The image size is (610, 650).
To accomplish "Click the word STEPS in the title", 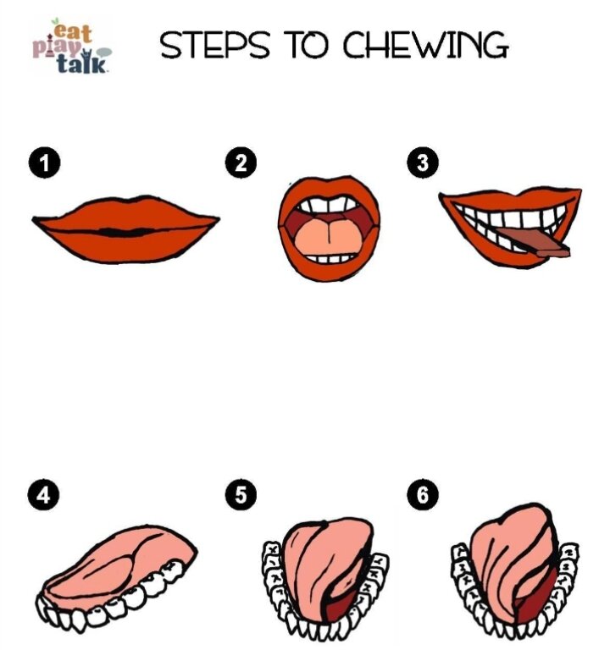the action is [x=214, y=45].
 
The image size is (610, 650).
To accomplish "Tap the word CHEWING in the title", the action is [x=425, y=45].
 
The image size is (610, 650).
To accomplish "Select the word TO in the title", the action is [x=306, y=45].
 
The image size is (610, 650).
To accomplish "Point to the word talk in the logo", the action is [x=81, y=63].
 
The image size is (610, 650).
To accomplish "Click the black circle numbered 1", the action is [x=44, y=162].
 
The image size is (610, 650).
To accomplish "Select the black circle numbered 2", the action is [x=241, y=162].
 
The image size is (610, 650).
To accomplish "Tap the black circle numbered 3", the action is [x=423, y=162].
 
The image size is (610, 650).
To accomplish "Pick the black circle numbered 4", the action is [x=43, y=495].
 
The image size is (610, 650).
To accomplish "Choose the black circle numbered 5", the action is [x=241, y=495].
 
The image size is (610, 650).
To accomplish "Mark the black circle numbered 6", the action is [x=423, y=495].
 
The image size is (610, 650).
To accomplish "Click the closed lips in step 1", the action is [x=125, y=230].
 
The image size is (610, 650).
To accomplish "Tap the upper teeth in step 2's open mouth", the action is [x=328, y=204].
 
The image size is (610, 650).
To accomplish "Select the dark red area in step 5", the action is [x=341, y=603].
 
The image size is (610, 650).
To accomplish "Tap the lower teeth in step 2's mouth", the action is [x=330, y=258].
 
